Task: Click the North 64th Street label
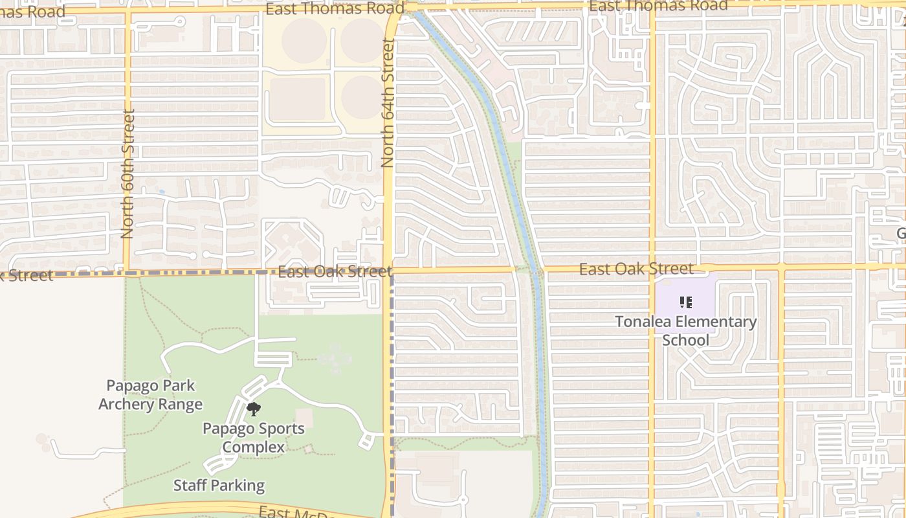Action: pyautogui.click(x=388, y=103)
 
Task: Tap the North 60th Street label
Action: pyautogui.click(x=127, y=174)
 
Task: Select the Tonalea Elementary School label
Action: pyautogui.click(x=685, y=330)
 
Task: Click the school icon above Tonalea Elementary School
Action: pyautogui.click(x=686, y=302)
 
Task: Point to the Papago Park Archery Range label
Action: pyautogui.click(x=150, y=395)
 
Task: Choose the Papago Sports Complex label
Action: pyautogui.click(x=254, y=438)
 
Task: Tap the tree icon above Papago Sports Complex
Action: pyautogui.click(x=254, y=409)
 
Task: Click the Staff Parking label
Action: pyautogui.click(x=219, y=485)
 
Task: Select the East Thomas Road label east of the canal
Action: pyautogui.click(x=658, y=6)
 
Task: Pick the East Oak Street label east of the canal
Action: pyautogui.click(x=636, y=269)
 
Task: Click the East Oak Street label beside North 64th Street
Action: pyautogui.click(x=335, y=271)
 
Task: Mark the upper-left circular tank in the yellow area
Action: pyautogui.click(x=304, y=40)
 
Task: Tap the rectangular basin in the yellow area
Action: pyautogui.click(x=297, y=100)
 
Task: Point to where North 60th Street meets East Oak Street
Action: pyautogui.click(x=127, y=273)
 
